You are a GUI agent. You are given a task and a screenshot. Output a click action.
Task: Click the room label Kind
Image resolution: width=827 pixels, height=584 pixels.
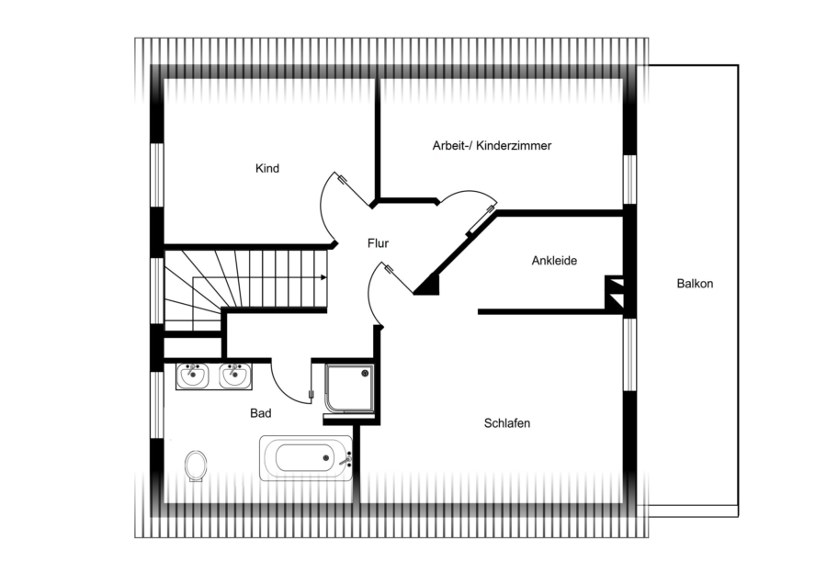coord(266,168)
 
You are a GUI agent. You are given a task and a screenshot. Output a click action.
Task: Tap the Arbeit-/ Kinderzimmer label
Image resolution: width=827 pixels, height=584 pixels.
coord(492,145)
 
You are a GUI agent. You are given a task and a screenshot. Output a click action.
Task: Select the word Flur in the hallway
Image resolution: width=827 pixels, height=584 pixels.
coord(378,243)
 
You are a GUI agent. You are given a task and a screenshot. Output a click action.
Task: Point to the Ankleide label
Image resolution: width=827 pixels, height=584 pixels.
coord(554,261)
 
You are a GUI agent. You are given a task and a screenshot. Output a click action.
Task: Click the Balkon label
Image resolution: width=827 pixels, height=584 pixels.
coord(695,284)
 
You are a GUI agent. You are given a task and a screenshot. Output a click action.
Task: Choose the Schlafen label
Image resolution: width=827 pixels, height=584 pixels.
coord(507,423)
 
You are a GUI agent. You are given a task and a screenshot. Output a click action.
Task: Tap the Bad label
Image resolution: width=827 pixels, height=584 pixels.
coord(261,413)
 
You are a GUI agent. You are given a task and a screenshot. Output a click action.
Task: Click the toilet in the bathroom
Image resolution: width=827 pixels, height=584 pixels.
coord(196,466)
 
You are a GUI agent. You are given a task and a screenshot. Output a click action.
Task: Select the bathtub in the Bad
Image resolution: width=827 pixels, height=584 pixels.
coord(306,458)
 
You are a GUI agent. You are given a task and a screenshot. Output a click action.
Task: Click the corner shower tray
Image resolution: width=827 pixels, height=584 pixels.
coord(349,387)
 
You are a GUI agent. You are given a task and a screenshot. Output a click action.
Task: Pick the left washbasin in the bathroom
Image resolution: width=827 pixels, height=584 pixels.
coord(193,376)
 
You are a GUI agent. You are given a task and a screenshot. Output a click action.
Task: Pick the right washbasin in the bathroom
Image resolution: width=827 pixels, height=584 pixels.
coord(235,376)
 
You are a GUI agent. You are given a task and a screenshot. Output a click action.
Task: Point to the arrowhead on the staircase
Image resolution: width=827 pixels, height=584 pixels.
coord(323,277)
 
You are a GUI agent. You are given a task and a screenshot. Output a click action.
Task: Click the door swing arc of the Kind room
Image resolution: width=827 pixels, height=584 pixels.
coord(322,211)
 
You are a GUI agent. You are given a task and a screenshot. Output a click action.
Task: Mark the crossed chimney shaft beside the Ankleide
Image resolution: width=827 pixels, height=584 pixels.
coord(615,292)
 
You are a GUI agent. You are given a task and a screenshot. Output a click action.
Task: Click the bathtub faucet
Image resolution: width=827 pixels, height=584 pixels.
coord(346,459)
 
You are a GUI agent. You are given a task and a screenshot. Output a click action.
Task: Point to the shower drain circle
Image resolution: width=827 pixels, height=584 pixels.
coord(365,373)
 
